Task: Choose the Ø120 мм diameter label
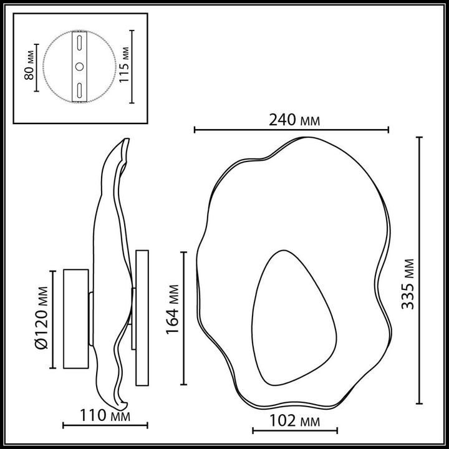42,318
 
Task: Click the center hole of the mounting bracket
79,65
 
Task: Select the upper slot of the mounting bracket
79,43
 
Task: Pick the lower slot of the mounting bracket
79,89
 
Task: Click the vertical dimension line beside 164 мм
183,318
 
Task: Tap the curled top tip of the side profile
125,145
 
